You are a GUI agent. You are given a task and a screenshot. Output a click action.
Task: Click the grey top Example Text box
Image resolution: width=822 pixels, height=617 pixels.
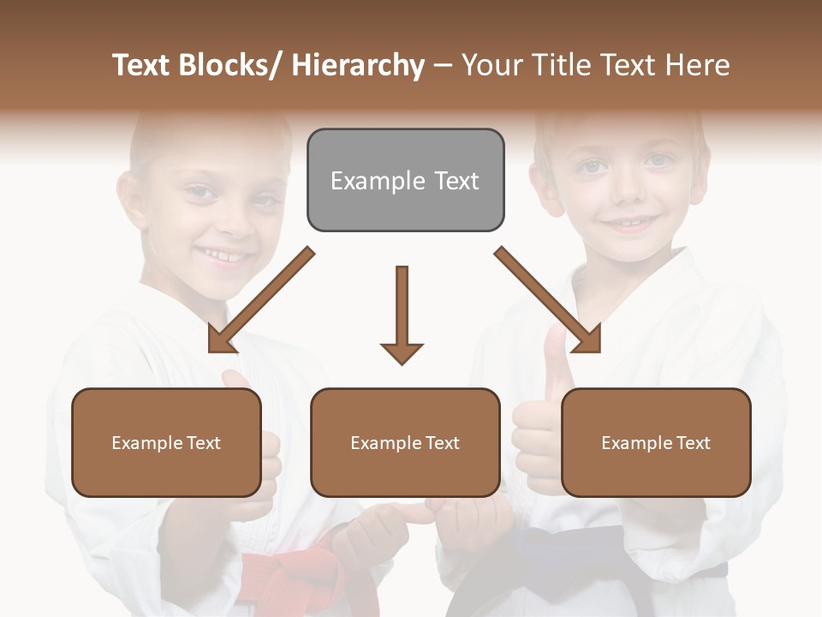(x=405, y=180)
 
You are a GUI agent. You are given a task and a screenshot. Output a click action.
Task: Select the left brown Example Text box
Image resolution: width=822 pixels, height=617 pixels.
(x=166, y=442)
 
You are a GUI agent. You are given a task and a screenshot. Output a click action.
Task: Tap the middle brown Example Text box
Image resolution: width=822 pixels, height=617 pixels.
(x=405, y=442)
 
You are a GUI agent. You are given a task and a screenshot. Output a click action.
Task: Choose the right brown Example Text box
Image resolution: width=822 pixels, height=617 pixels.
(x=656, y=442)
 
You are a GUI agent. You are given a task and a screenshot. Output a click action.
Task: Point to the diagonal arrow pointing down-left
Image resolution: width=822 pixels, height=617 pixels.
(x=260, y=300)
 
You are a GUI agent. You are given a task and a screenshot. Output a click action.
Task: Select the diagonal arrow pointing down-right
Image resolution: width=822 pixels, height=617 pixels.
(x=548, y=300)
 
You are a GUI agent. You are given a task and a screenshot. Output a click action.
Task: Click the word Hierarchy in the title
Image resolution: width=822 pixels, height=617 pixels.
(x=358, y=65)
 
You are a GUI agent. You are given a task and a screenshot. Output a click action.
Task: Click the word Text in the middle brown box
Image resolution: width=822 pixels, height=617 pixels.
(x=442, y=442)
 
